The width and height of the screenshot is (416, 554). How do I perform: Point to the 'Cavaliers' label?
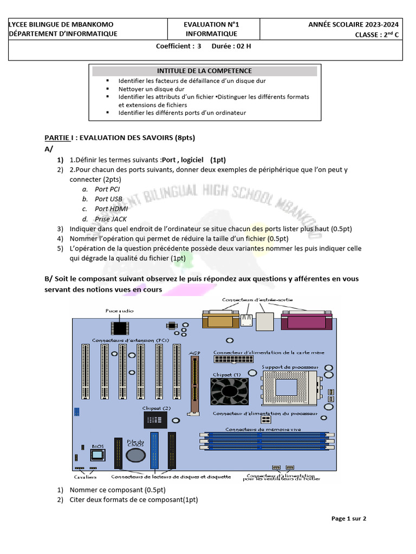pos(85,477)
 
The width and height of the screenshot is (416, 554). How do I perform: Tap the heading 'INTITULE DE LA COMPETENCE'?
pos(204,71)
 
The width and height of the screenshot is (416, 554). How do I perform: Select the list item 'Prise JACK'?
pos(110,219)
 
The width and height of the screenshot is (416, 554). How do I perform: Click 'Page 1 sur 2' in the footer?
pos(349,518)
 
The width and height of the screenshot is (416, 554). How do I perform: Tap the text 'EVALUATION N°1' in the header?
pos(211,24)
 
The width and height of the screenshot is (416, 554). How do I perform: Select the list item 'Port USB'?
pos(108,199)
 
